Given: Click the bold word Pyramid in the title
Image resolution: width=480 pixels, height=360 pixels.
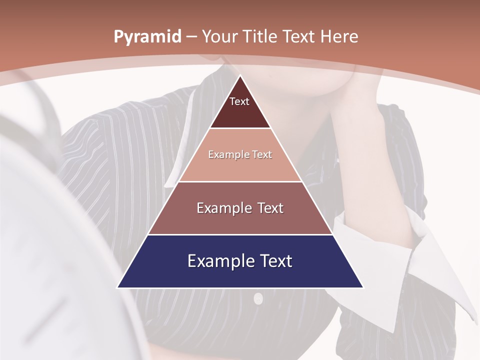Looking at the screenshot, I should click(x=147, y=37).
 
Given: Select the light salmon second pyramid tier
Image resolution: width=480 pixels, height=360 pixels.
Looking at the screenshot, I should click(x=240, y=167).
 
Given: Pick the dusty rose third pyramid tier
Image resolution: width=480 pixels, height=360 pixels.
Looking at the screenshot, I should click(x=240, y=220).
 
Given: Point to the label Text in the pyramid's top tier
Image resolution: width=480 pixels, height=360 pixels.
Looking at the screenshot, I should click(x=239, y=101).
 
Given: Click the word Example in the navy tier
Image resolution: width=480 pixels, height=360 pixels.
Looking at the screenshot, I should click(x=218, y=261).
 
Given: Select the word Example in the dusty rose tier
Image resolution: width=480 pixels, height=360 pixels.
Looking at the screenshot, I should click(x=223, y=208).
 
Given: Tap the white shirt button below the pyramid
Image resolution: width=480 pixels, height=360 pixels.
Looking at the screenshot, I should click(x=258, y=299).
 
